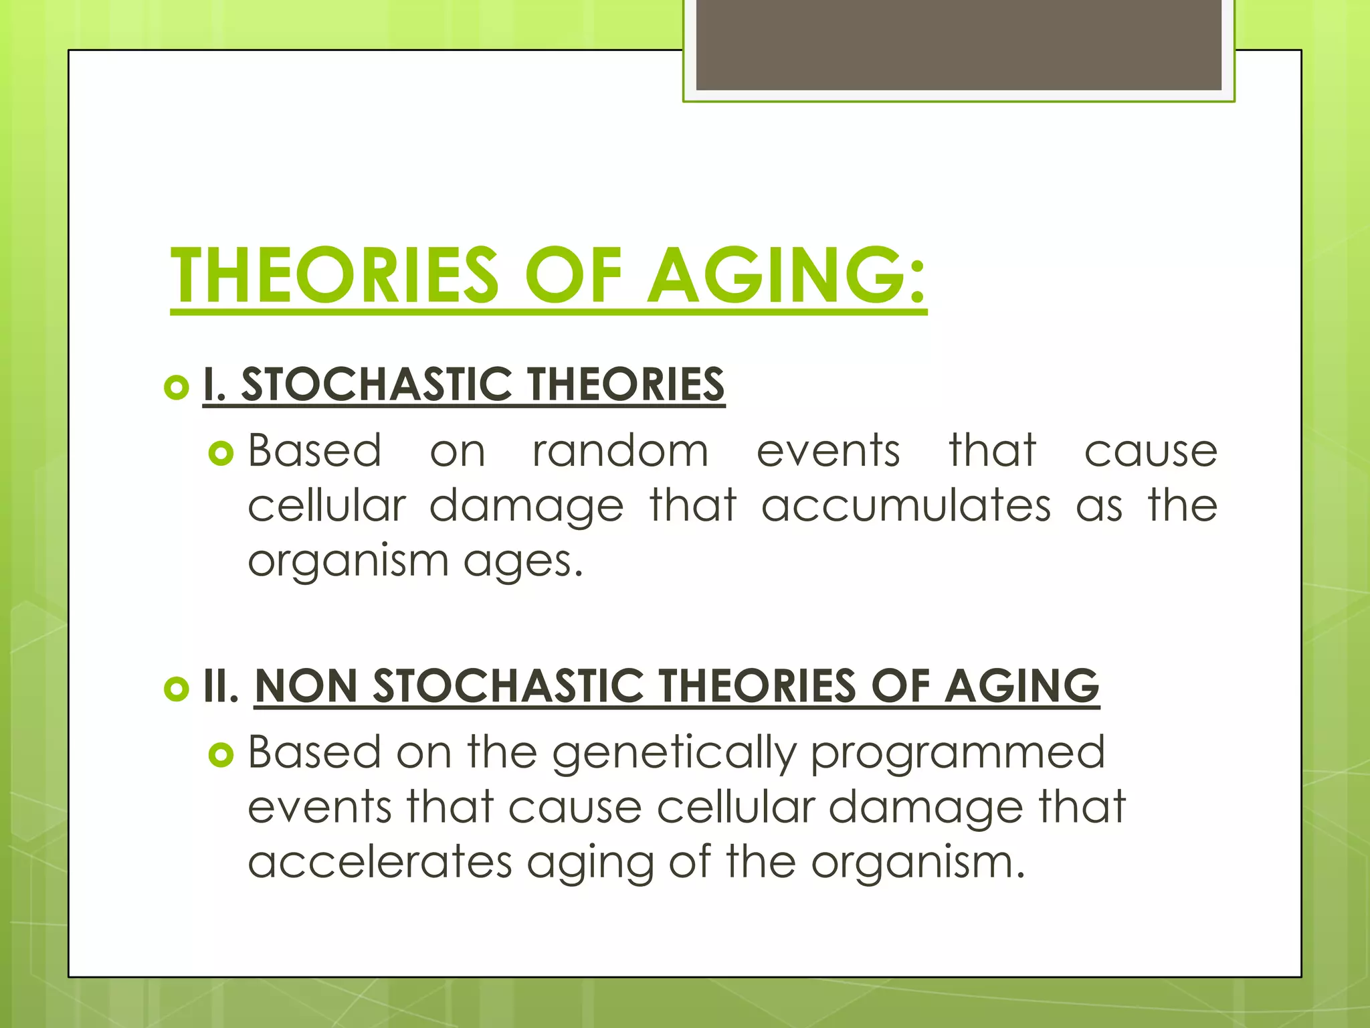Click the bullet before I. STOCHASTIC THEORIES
pyautogui.click(x=176, y=387)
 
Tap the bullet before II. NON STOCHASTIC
pyautogui.click(x=176, y=689)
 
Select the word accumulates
pyautogui.click(x=906, y=505)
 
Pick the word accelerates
pyautogui.click(x=379, y=862)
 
